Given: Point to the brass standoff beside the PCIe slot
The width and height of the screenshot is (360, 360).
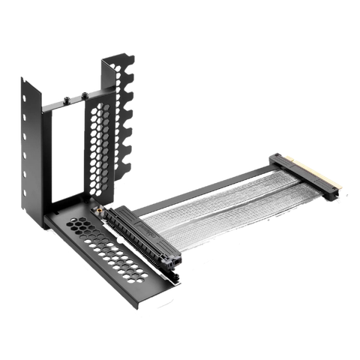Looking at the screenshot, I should [97, 212].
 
